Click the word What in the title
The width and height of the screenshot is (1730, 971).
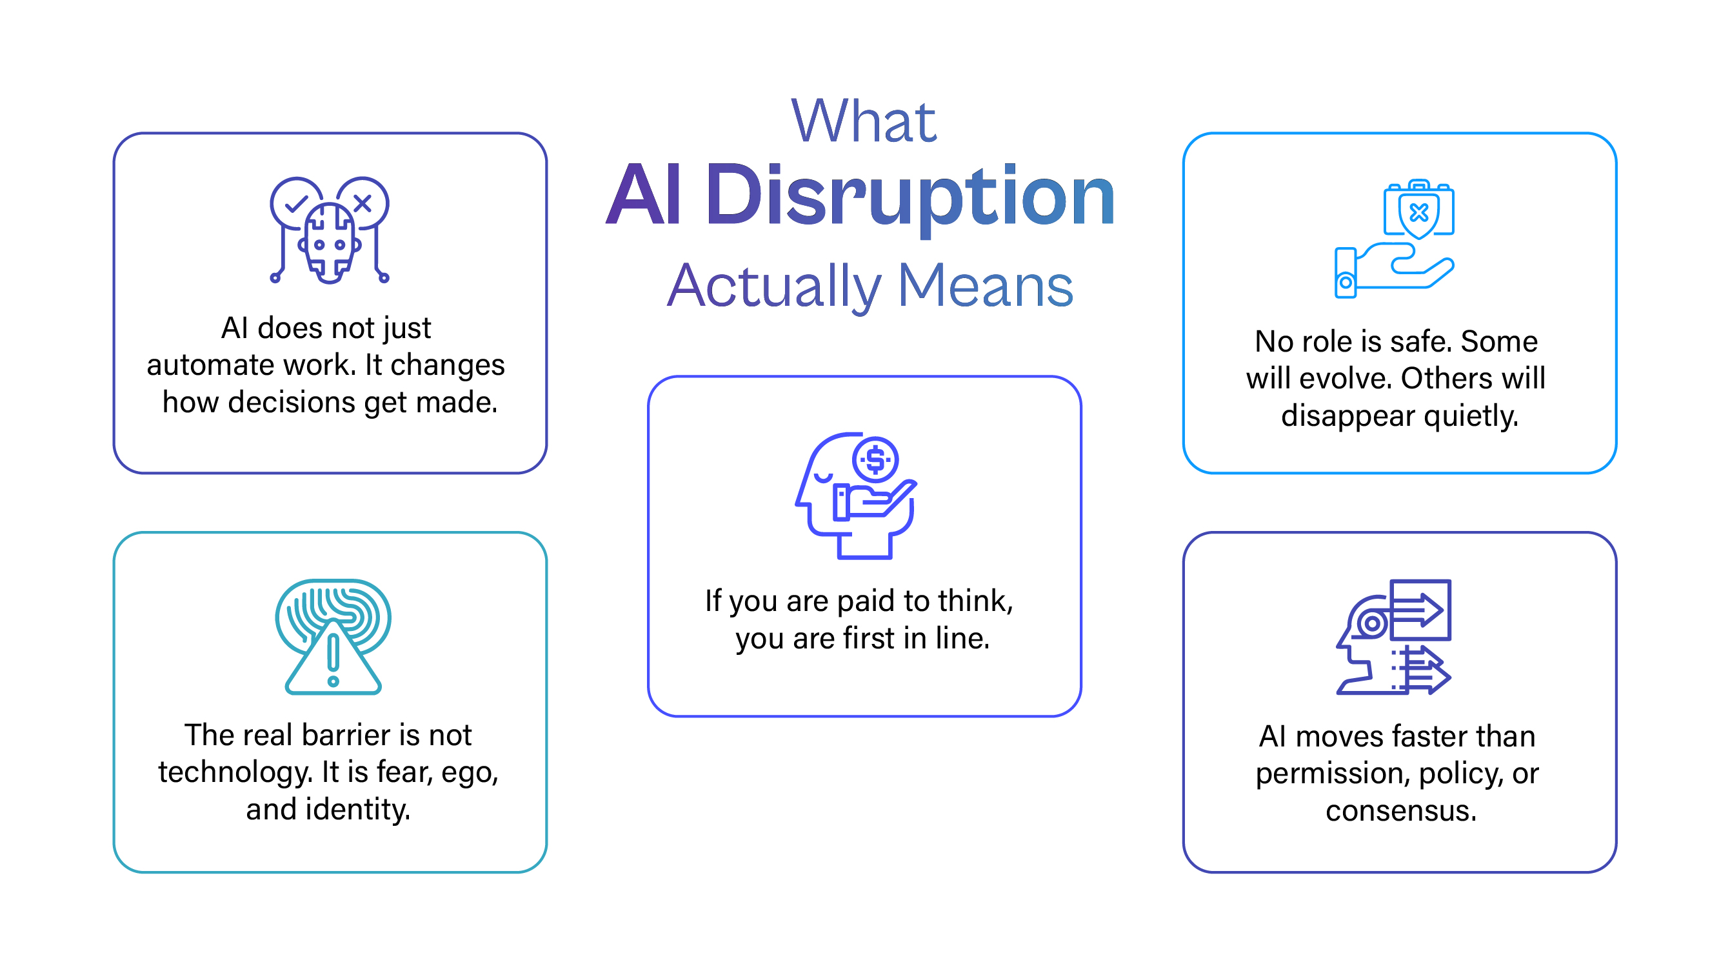(863, 121)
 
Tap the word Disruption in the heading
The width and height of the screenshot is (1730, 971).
(910, 195)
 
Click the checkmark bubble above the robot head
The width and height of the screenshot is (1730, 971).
(295, 202)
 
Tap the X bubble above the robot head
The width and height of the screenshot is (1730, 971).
(363, 202)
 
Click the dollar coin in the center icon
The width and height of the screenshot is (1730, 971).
(875, 460)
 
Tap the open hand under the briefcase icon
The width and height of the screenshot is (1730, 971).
(1404, 268)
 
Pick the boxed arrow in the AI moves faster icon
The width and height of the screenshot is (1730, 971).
(1420, 610)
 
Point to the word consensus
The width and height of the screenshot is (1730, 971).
(1400, 811)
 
